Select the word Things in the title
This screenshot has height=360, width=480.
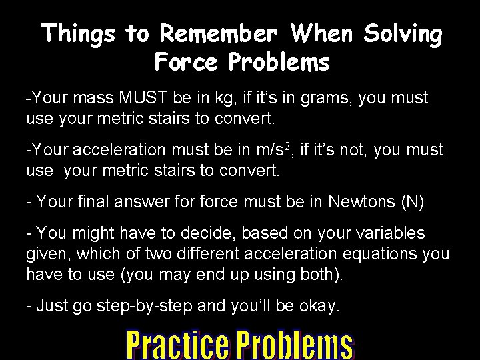pos(79,33)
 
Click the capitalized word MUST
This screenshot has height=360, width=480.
pos(145,99)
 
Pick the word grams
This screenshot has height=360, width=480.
pos(325,99)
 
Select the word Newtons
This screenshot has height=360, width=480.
pos(360,201)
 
